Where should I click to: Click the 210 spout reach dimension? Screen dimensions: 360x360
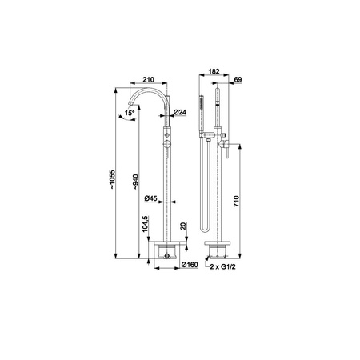[148, 79]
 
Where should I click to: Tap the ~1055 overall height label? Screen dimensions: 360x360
[112, 179]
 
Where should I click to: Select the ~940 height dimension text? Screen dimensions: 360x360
[136, 182]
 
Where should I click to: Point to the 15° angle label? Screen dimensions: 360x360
[130, 113]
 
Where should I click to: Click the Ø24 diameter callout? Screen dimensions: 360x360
[180, 112]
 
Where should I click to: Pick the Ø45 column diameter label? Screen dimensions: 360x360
[150, 198]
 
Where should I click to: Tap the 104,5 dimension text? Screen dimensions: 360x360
[145, 224]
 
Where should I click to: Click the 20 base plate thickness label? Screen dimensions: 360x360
[183, 226]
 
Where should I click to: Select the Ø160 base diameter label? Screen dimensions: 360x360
[190, 265]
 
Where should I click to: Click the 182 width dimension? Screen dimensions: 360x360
[214, 71]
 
